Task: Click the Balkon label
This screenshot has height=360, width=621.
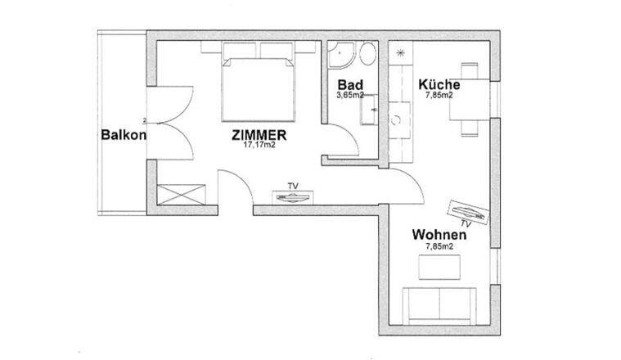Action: pos(124,135)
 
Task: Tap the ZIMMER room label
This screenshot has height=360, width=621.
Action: pos(259,136)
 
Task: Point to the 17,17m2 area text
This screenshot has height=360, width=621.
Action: pos(259,145)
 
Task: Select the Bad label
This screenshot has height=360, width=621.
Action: pos(350,85)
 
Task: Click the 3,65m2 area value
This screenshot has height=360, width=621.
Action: pos(350,95)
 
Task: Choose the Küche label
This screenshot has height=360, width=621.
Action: pos(439,85)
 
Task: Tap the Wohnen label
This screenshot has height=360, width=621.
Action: pos(439,235)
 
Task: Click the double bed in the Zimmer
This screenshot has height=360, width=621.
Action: pos(259,89)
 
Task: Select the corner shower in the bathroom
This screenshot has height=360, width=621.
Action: pos(340,55)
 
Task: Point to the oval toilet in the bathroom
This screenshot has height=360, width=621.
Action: pos(367,53)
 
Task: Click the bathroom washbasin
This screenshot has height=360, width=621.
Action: pos(369,110)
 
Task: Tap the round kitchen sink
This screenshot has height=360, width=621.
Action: pos(396,119)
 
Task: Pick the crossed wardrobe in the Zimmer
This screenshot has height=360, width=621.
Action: pos(182,195)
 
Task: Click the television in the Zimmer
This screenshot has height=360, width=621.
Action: pos(293,198)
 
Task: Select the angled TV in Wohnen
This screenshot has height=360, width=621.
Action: pos(468,211)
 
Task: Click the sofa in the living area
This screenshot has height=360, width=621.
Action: pos(439,306)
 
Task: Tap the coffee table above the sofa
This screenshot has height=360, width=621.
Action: pos(439,267)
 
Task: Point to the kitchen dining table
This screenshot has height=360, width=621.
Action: pos(470,99)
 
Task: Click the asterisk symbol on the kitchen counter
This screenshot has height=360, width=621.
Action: pos(400,52)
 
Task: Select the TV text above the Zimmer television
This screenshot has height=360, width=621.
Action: pos(293,186)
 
